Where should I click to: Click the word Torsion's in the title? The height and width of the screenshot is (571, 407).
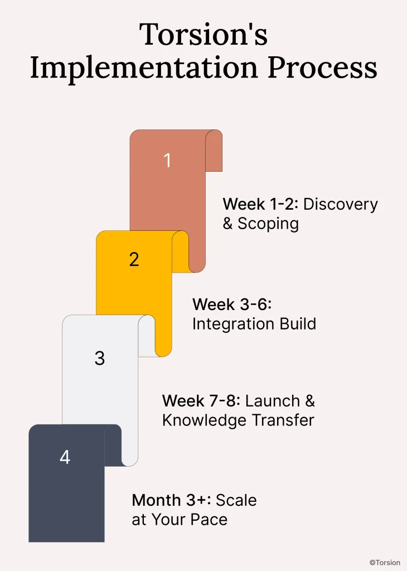pos(203,35)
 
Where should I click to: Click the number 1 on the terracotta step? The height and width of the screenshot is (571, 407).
pos(167,161)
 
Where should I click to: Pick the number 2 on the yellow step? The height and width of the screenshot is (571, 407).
pos(134,259)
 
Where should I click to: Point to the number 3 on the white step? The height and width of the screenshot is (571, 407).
pos(99,358)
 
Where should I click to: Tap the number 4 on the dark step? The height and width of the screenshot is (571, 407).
pos(65,457)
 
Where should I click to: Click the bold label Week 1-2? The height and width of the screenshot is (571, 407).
pos(260,204)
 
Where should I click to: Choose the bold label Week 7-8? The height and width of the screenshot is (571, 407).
pos(201,401)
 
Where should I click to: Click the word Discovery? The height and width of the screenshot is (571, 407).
pos(341,204)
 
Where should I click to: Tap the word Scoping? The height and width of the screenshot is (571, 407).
pos(268,224)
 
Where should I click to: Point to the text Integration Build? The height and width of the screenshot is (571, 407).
pos(254,323)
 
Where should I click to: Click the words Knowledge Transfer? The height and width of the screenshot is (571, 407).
pos(238,420)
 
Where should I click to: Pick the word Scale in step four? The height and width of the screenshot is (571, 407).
pos(236,500)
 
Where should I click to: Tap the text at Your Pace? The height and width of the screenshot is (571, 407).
pos(180,520)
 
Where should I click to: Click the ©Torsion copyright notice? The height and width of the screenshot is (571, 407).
pos(384,563)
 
